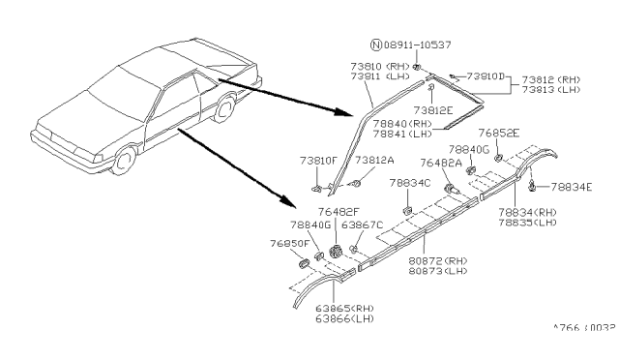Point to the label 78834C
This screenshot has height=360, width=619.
407,182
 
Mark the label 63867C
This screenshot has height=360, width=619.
367,225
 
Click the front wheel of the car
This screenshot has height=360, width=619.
123,162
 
